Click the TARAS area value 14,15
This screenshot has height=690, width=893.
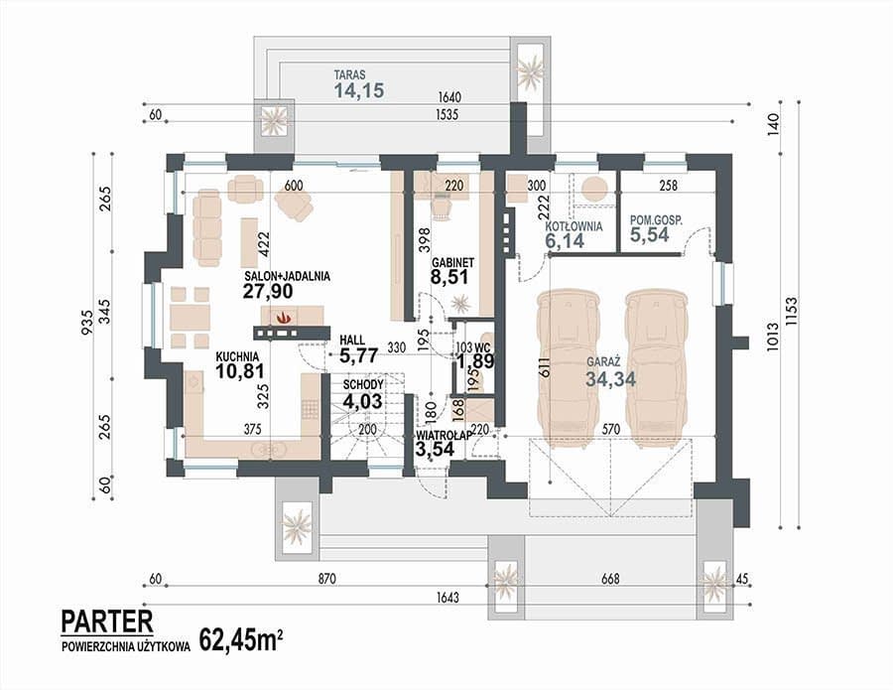(359, 90)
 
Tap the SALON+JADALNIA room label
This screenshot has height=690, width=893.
(288, 276)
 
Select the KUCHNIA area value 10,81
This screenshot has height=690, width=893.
(240, 371)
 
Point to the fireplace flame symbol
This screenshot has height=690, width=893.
(283, 317)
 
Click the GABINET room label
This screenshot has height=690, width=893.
(452, 263)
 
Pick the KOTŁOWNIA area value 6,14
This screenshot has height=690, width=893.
(565, 240)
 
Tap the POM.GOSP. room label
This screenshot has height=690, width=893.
(656, 219)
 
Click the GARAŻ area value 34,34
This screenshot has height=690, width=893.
(611, 379)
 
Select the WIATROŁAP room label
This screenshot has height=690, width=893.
(444, 435)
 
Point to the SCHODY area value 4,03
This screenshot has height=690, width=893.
(363, 401)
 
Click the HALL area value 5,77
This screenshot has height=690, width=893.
(359, 356)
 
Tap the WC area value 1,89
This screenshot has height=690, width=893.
(475, 361)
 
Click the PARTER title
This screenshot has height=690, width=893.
(107, 621)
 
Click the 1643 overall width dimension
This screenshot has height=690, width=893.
(447, 598)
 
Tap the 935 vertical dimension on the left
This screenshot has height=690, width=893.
(86, 322)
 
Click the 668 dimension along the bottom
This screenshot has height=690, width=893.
(610, 579)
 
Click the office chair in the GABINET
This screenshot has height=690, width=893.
(443, 204)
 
